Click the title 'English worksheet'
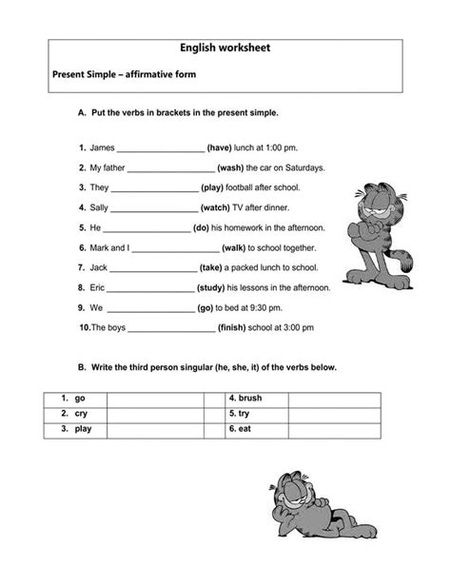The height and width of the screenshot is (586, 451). (x=225, y=48)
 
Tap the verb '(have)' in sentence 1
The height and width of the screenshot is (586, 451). (x=219, y=147)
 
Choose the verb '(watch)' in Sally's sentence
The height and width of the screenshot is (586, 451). (x=215, y=207)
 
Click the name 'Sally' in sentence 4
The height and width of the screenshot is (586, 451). (x=100, y=207)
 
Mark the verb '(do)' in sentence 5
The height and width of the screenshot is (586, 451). (x=201, y=227)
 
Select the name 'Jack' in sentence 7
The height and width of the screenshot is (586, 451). (x=99, y=267)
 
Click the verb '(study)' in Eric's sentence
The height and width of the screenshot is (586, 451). (x=216, y=287)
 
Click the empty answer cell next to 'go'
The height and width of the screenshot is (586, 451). (x=154, y=400)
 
